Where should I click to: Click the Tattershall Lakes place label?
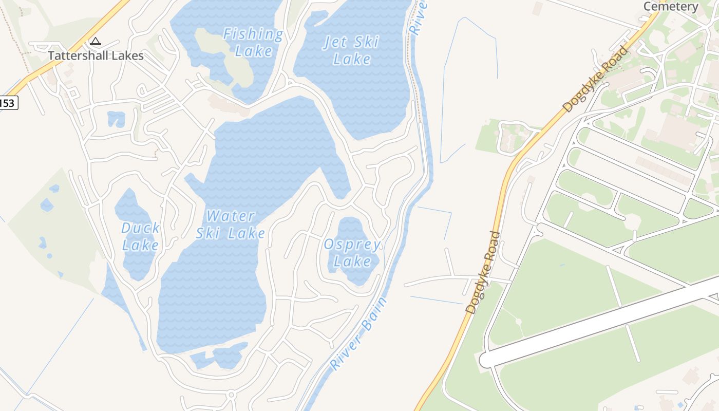coord(96,55)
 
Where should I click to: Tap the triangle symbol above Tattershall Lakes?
coord(95,41)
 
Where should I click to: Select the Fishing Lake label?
coord(253,43)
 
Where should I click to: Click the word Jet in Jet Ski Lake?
coord(336,42)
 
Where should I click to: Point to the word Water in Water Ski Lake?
coord(231,216)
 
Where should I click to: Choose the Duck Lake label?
coord(140,236)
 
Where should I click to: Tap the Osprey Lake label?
coord(352,253)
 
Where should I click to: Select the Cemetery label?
coord(671,6)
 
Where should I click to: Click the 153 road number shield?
coord(7,103)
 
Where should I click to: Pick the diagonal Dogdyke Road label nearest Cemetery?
coord(595,79)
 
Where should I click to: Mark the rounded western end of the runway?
coord(485,360)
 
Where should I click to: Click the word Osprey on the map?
coord(352,245)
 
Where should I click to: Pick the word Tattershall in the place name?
coord(72,55)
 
